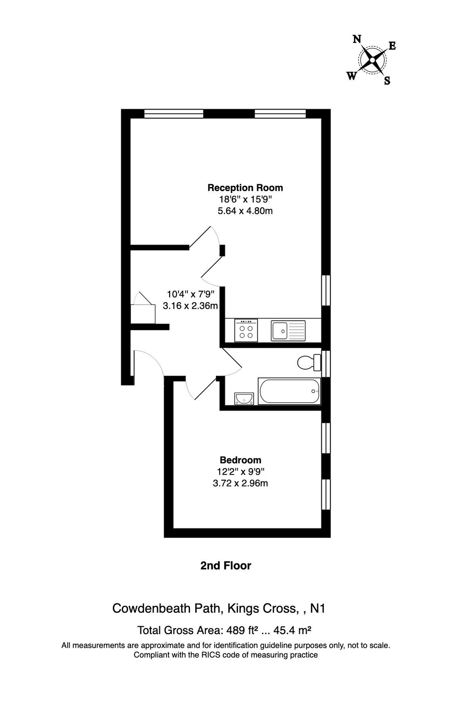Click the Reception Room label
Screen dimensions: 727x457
click(245, 188)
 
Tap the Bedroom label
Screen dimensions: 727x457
click(240, 460)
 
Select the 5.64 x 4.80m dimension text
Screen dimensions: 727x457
click(245, 211)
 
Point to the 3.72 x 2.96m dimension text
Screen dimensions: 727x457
click(240, 483)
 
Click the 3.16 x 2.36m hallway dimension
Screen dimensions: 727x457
click(190, 306)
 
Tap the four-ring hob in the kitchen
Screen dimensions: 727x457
click(246, 330)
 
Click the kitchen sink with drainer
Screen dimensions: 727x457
click(288, 330)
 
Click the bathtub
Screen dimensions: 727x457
click(289, 391)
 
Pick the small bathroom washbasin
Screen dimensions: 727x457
click(244, 399)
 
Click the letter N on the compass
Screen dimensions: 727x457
click(357, 39)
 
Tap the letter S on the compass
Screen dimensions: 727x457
click(387, 81)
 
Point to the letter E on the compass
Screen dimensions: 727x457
click(392, 46)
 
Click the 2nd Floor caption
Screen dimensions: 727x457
click(225, 566)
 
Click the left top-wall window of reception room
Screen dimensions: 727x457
click(174, 113)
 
